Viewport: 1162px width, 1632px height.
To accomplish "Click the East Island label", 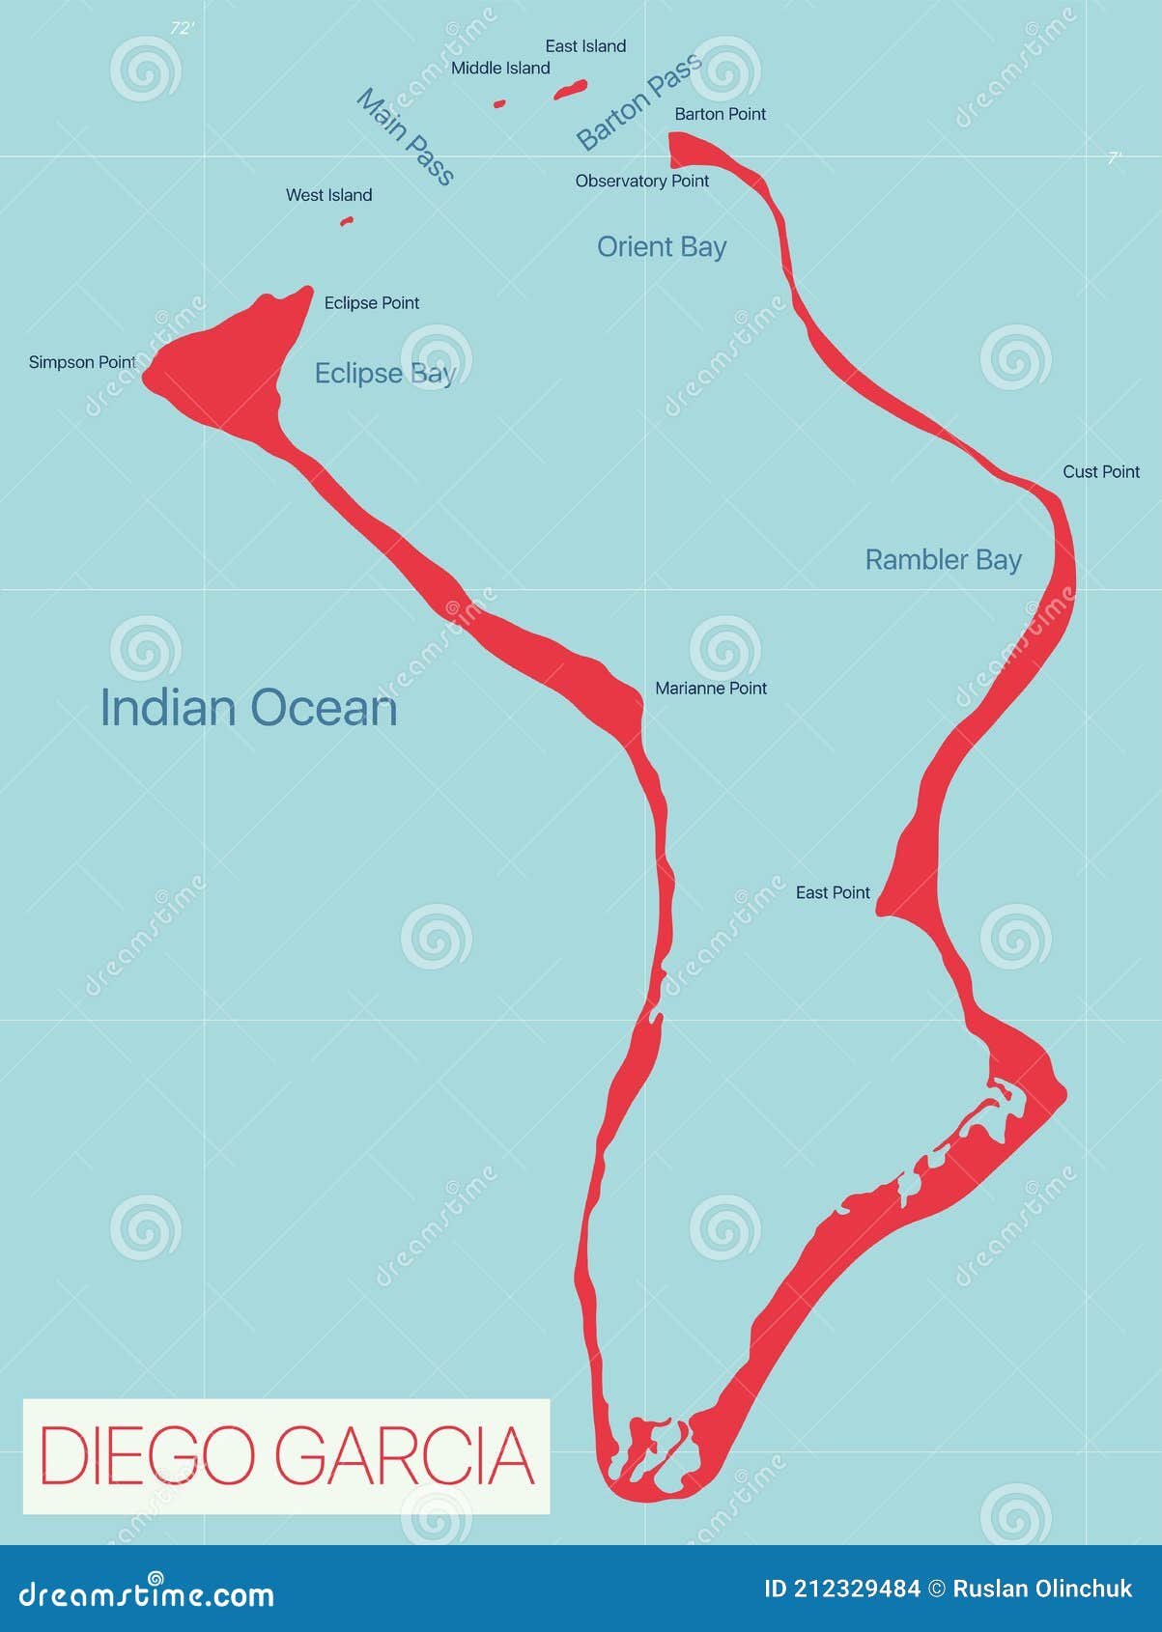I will point(585,46).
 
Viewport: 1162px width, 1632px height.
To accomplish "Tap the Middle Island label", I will point(500,69).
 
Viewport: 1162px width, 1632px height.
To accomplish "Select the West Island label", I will point(328,195).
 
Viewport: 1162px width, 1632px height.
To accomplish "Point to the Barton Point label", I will point(720,114).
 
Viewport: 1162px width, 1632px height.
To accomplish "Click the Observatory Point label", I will point(641,182).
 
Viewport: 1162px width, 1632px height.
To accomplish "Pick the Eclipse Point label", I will point(372,303).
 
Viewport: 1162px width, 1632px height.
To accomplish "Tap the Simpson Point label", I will point(82,363).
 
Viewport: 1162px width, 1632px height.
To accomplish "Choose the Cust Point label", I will point(1101,472).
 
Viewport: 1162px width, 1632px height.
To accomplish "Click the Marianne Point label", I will point(711,689).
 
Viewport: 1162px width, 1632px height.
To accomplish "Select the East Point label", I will point(833,893).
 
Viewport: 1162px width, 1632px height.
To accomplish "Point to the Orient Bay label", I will point(662,247).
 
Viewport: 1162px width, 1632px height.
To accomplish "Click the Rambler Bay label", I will point(943,560).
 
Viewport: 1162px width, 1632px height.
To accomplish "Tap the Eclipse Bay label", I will point(384,374).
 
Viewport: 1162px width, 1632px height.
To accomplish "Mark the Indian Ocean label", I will point(249,708).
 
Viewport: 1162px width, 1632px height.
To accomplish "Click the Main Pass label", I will point(406,136).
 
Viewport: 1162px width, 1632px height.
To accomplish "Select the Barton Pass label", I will point(639,103).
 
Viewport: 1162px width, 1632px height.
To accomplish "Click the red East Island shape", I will point(571,90).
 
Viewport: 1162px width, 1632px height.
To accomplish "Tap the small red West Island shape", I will point(347,221).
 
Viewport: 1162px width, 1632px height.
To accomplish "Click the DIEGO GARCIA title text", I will point(287,1455).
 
